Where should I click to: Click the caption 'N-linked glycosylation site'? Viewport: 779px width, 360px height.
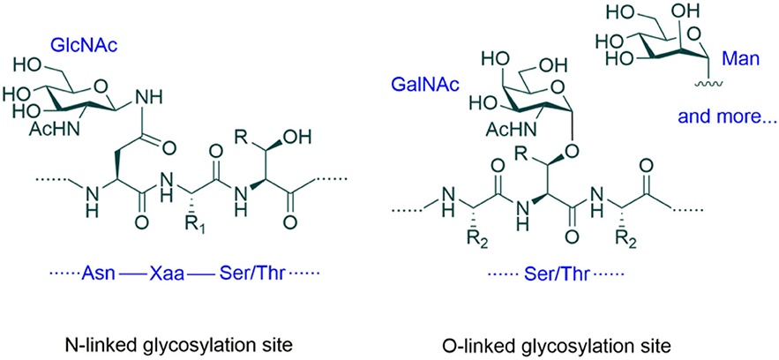point(173,340)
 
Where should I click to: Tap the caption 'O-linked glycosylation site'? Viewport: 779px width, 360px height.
point(581,340)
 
